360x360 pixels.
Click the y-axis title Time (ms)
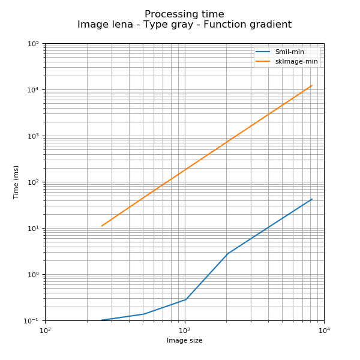(x=16, y=182)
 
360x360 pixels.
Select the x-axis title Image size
(x=184, y=341)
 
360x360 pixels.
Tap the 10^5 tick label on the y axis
(x=33, y=44)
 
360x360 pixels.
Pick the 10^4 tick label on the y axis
(x=33, y=90)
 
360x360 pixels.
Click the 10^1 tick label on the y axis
(x=33, y=229)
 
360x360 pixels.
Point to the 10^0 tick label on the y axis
(x=33, y=275)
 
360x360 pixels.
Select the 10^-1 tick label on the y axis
(x=32, y=321)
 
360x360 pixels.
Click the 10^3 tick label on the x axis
(x=184, y=330)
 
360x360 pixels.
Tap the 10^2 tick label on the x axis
(x=45, y=330)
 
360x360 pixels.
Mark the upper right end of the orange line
(x=312, y=85)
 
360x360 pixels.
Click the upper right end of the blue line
(x=312, y=199)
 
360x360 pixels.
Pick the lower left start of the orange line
(x=101, y=226)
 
